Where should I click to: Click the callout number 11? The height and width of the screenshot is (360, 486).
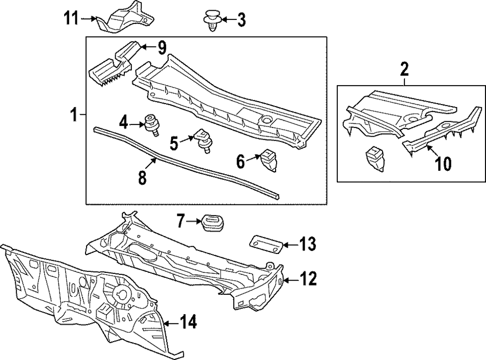pyautogui.click(x=71, y=19)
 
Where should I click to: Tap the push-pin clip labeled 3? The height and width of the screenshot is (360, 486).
pyautogui.click(x=211, y=20)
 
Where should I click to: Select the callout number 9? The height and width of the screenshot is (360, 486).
pyautogui.click(x=161, y=48)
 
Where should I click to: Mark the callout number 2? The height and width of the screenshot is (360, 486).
pyautogui.click(x=404, y=69)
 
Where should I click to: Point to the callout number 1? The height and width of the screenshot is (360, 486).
pyautogui.click(x=73, y=115)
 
